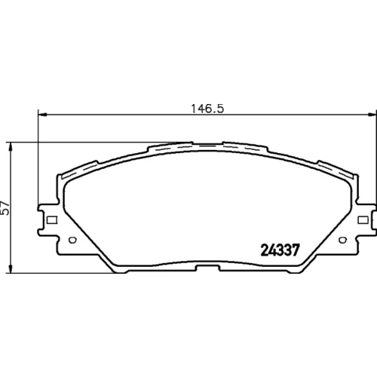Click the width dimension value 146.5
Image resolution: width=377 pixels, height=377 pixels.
click(x=207, y=109)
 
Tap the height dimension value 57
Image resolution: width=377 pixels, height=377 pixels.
click(x=5, y=207)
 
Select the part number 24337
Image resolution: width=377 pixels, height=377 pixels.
click(x=280, y=250)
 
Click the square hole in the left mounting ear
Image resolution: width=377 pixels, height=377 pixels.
click(x=52, y=220)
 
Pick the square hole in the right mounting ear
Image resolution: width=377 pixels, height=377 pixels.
click(x=363, y=220)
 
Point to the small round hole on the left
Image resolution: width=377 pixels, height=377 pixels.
click(x=72, y=240)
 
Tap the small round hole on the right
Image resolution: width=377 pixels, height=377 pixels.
click(x=342, y=240)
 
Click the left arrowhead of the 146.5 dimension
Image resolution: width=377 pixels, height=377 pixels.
click(x=42, y=115)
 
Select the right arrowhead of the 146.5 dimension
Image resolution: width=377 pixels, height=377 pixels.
click(x=372, y=115)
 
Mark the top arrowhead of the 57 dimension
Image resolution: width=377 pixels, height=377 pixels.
click(x=10, y=147)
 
